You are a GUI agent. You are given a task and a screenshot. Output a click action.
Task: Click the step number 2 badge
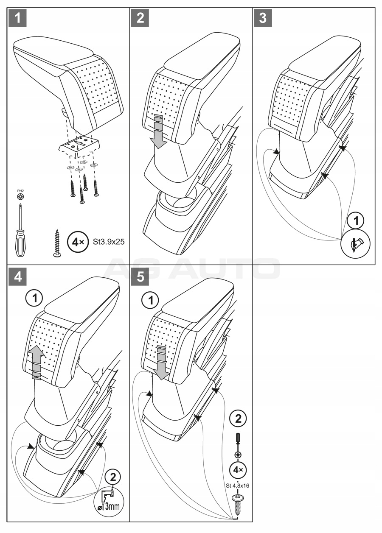[141, 19]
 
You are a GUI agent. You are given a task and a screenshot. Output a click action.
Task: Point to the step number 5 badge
[141, 277]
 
